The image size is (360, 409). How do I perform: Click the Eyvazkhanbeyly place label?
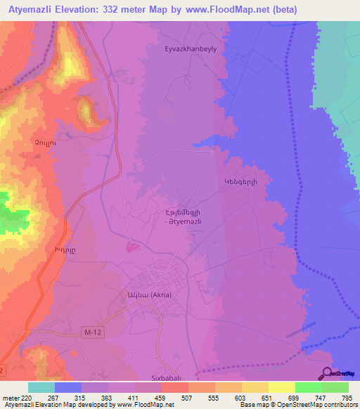pos(190,50)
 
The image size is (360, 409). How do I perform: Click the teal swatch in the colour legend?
pos(41,387)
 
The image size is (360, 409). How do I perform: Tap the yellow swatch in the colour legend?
pos(282,387)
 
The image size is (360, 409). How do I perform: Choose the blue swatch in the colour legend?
pos(68,387)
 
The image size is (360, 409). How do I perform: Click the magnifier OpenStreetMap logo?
pos(328,374)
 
